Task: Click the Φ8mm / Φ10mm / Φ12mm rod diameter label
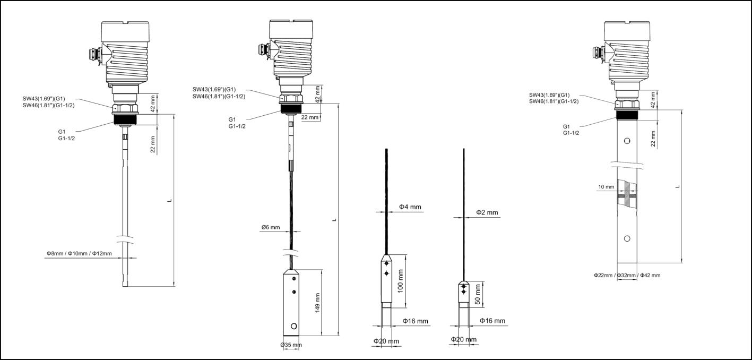(x=79, y=253)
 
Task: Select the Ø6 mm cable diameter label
(x=270, y=227)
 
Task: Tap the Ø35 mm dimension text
(x=291, y=345)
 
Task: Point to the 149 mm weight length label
(x=317, y=303)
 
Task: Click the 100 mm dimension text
(x=401, y=281)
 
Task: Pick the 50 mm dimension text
(x=478, y=294)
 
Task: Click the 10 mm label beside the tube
(x=606, y=187)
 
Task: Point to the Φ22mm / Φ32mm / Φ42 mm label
(x=627, y=275)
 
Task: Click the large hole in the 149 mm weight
(x=293, y=325)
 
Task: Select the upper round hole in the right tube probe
(x=627, y=141)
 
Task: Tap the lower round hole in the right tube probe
(x=627, y=238)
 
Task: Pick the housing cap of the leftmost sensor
(x=125, y=30)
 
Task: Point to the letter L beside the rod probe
(x=169, y=200)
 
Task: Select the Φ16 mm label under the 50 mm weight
(x=492, y=321)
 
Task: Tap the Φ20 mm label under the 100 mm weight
(x=386, y=340)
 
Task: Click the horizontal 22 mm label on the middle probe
(x=310, y=117)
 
